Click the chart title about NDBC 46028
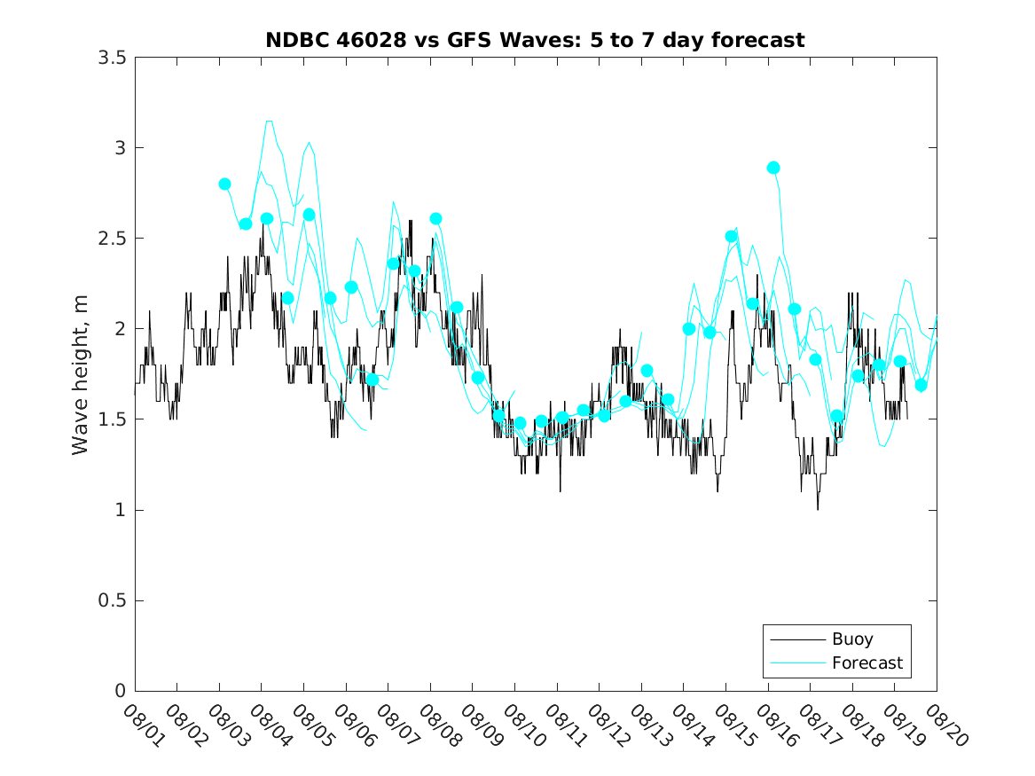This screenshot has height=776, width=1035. pos(535,40)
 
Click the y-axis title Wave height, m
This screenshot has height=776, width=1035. pos(81,374)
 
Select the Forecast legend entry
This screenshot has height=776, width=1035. pos(866,662)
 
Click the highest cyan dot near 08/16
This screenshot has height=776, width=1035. pos(773,168)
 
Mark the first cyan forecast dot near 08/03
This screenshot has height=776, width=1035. pos(224,184)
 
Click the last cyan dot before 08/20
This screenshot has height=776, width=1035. pos(921,385)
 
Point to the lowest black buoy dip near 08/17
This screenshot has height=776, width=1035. pos(818,509)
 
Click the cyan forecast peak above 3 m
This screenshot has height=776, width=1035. pos(269,121)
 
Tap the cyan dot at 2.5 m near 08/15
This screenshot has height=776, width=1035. pos(732,236)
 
